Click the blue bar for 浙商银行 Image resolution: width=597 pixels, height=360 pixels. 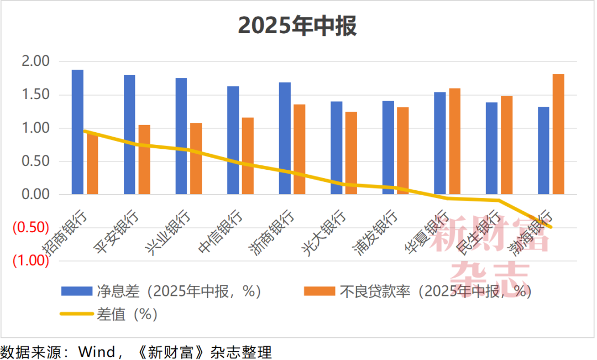coord(285,138)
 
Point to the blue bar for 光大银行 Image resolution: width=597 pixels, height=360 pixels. coord(336,148)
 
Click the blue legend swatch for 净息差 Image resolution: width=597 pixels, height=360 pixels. coord(76,291)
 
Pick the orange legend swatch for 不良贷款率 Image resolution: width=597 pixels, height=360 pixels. coord(319,291)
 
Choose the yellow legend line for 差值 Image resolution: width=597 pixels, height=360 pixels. coord(76,314)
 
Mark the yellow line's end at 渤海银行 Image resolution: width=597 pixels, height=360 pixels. coord(551,227)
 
